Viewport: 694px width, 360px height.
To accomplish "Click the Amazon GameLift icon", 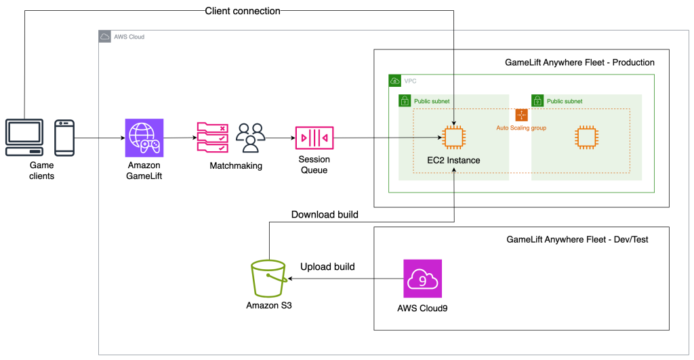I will click(x=144, y=138).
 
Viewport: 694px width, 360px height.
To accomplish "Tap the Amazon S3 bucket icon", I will click(x=268, y=278).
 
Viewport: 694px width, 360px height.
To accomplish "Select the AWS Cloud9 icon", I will click(x=422, y=278).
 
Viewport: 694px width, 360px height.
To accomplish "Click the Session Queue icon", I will click(x=314, y=139).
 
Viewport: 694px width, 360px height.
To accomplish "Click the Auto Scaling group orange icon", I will click(x=521, y=115).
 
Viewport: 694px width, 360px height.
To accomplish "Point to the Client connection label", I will click(x=243, y=10).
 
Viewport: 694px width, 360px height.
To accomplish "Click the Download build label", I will click(x=325, y=215).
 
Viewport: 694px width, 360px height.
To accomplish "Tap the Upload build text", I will click(x=327, y=266).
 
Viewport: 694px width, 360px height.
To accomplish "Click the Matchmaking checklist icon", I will click(x=212, y=138).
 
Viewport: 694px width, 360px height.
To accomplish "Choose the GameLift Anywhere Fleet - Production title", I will click(x=579, y=62).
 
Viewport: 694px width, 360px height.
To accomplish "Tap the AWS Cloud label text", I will click(x=129, y=37).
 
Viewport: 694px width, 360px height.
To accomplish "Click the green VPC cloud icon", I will click(x=394, y=81).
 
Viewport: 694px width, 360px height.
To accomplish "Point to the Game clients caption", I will click(x=41, y=170).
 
